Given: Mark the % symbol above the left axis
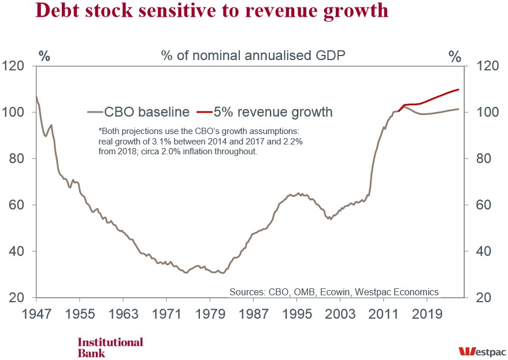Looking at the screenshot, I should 45,57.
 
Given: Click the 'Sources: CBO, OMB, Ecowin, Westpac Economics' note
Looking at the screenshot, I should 334,291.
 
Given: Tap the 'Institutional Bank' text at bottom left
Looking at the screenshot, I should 110,347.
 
